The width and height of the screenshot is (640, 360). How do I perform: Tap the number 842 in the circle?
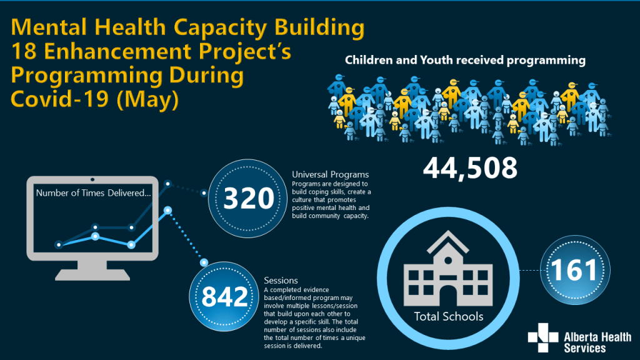click(225, 297)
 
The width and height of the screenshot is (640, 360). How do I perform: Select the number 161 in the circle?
click(574, 270)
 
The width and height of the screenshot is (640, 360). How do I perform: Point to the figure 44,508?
click(470, 167)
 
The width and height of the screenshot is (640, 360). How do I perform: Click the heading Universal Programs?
click(330, 174)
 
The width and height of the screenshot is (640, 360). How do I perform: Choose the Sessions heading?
click(281, 281)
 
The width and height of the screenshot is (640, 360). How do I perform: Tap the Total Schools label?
click(448, 316)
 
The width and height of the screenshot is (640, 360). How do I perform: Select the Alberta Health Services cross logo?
click(542, 339)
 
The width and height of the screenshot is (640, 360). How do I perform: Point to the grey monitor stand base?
click(92, 274)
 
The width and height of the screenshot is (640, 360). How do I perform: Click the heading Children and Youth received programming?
click(465, 61)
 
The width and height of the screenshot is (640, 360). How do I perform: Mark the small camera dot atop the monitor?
click(92, 179)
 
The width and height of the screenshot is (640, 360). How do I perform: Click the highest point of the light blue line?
click(167, 210)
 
